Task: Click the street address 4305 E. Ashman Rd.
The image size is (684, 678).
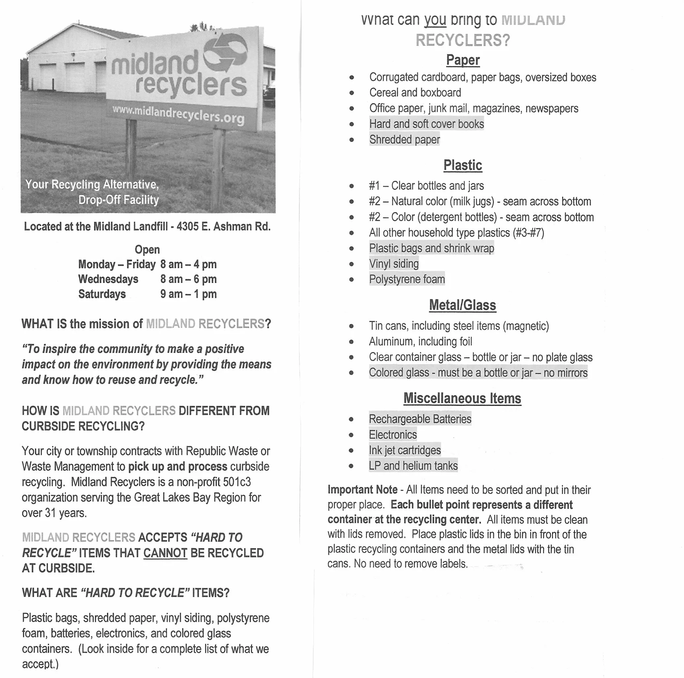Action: click(x=223, y=227)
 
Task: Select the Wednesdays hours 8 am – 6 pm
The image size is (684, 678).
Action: click(x=188, y=279)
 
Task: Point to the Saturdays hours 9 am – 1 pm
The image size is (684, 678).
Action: click(x=188, y=294)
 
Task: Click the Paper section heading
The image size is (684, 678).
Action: click(x=463, y=60)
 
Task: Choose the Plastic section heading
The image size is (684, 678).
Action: click(x=463, y=165)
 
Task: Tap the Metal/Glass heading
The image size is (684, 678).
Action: click(x=462, y=305)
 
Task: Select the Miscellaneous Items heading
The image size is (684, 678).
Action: click(x=462, y=398)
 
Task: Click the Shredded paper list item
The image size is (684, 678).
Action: click(x=404, y=139)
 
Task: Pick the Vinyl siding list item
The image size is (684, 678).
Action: click(x=394, y=264)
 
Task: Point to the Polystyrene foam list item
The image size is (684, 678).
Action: click(x=407, y=279)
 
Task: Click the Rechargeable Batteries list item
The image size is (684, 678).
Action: click(x=420, y=419)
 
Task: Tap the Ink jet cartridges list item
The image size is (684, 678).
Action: click(x=405, y=450)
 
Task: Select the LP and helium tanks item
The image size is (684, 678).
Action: click(x=413, y=466)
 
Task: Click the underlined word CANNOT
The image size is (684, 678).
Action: click(x=165, y=553)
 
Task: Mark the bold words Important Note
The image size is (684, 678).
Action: click(x=363, y=490)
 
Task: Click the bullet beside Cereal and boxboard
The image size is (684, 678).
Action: click(x=352, y=93)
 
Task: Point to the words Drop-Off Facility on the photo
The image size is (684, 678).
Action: click(x=119, y=200)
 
